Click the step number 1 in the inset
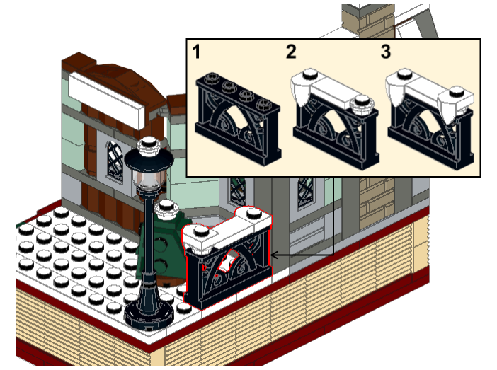(x=197, y=52)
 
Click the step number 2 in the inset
(x=291, y=52)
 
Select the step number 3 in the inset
(x=385, y=52)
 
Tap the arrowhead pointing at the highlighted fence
(x=275, y=255)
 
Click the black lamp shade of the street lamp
(x=149, y=159)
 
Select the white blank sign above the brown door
(x=107, y=100)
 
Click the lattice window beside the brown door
(x=115, y=161)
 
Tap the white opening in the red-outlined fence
(x=227, y=260)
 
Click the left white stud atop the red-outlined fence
(x=200, y=231)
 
